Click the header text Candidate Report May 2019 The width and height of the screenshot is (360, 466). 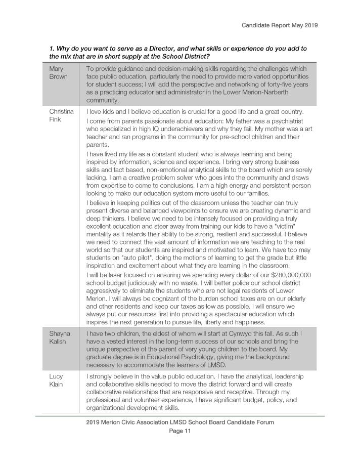280,24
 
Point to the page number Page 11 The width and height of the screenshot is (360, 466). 180,432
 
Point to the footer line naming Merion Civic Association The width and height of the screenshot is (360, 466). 180,422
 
